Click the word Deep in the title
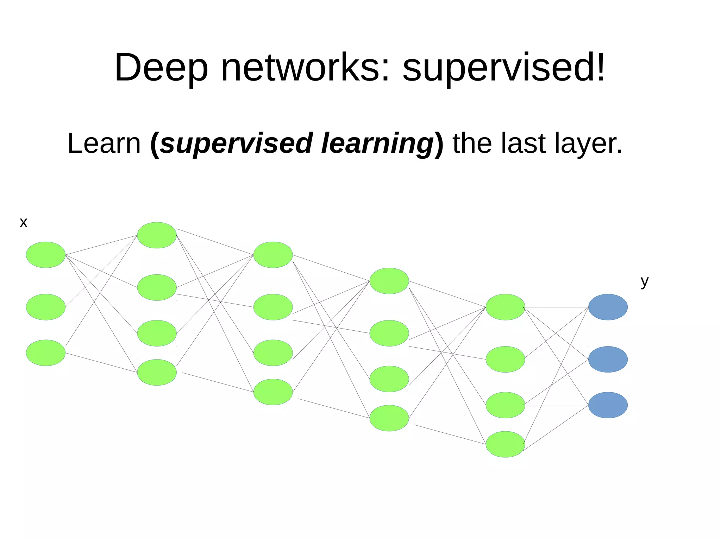(161, 68)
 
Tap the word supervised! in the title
(504, 68)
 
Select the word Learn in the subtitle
(104, 143)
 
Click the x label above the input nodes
(23, 223)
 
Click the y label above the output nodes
(644, 281)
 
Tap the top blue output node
(608, 307)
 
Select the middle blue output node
(608, 359)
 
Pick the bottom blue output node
(608, 405)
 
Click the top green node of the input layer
(46, 255)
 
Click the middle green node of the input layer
(46, 307)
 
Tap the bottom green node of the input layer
(46, 353)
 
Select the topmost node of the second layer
(157, 235)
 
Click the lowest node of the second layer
(157, 372)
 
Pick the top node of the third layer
(273, 255)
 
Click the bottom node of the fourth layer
(389, 418)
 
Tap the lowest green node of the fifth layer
(505, 444)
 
